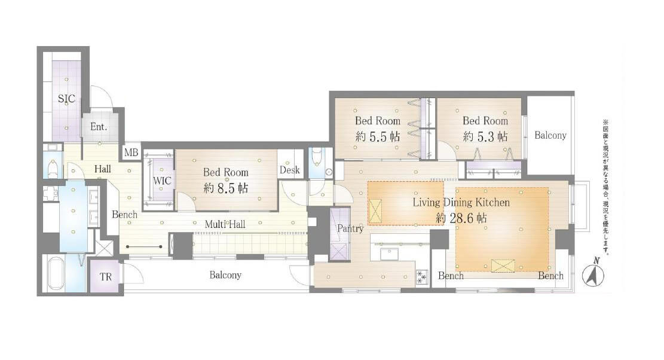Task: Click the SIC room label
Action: click(x=66, y=99)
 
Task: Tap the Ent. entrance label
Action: click(x=99, y=127)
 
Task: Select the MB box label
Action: click(x=131, y=152)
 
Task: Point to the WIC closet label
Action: click(x=162, y=181)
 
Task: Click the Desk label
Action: click(x=290, y=170)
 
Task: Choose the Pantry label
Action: click(x=350, y=228)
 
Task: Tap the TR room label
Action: click(x=106, y=277)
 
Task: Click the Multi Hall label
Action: click(x=225, y=224)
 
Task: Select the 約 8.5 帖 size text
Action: click(x=226, y=188)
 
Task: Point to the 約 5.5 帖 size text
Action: click(x=378, y=136)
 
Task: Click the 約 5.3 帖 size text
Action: click(x=485, y=136)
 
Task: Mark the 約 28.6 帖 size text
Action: click(x=461, y=218)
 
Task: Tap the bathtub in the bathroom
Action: click(x=56, y=274)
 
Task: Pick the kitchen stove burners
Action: click(x=422, y=276)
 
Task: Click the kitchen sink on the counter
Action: click(x=388, y=254)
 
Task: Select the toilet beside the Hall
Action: click(x=53, y=167)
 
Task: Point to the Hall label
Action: click(x=102, y=169)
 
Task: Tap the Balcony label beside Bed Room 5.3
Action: click(x=550, y=135)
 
